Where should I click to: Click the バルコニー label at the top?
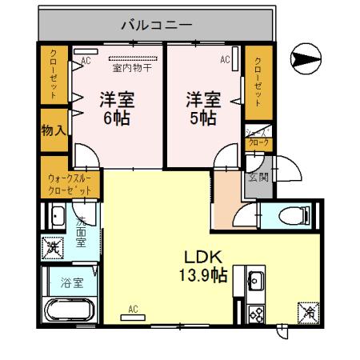tap(156, 25)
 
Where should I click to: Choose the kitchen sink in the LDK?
tap(256, 281)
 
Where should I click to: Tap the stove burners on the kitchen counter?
tap(256, 312)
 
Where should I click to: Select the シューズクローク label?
tap(258, 138)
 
